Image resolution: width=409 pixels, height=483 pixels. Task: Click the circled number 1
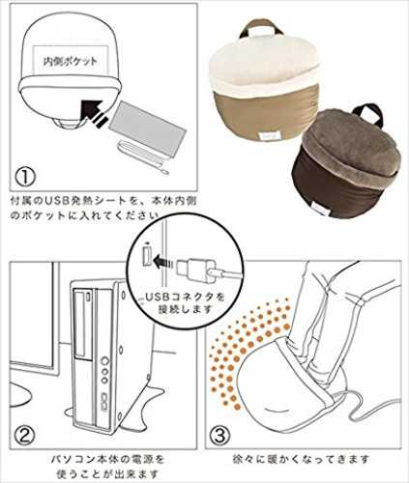(26, 177)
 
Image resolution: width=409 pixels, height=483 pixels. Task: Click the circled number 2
(26, 436)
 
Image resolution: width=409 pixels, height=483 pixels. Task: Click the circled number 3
(220, 436)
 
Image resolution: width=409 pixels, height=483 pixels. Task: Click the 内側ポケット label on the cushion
(71, 61)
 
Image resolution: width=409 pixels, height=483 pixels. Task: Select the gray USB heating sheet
(148, 128)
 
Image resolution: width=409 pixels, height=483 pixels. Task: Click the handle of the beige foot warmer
(260, 27)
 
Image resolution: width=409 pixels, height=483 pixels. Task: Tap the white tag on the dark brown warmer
(319, 210)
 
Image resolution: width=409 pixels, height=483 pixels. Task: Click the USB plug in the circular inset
(196, 271)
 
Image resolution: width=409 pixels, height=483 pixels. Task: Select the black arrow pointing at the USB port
(163, 263)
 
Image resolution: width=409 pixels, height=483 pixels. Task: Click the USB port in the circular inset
(147, 256)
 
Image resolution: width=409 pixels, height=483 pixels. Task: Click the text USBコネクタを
(185, 297)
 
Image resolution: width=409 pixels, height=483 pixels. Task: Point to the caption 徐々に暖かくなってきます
(301, 459)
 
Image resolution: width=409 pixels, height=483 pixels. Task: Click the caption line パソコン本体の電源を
(107, 459)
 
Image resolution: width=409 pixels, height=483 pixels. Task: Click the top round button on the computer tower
(104, 361)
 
